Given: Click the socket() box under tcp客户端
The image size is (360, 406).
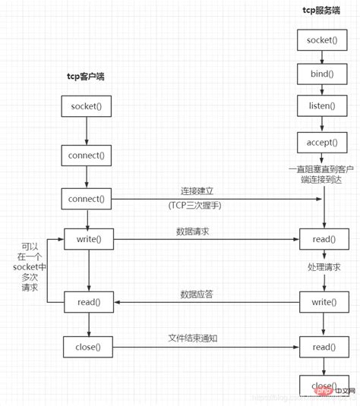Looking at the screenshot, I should pos(89,105).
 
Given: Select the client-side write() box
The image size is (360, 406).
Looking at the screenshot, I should pos(89,241).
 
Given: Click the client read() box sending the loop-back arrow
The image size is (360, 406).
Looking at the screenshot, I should pos(89,301).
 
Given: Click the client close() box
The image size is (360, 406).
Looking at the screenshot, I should pos(89,347).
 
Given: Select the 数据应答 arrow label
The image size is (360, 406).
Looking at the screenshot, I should pos(196,293).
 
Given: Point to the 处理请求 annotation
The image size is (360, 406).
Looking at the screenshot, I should pos(324,268).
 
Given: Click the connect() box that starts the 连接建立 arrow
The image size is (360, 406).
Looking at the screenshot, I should pos(89,199).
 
